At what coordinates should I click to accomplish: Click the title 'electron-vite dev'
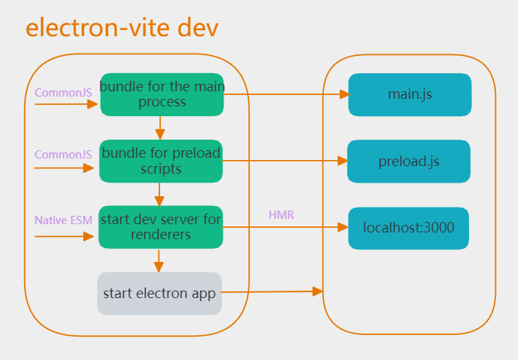click(122, 28)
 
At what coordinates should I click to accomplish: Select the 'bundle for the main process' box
click(162, 94)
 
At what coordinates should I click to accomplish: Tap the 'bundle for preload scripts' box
click(161, 161)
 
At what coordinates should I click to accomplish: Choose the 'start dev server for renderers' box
click(161, 227)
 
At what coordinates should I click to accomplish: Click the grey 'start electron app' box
click(159, 294)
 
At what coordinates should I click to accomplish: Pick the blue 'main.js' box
click(409, 95)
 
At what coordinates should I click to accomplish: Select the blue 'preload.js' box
click(409, 162)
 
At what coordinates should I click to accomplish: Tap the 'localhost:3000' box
click(409, 228)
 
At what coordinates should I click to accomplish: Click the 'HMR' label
click(281, 215)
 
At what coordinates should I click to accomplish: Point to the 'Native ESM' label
click(63, 221)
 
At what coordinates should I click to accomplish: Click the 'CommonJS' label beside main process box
click(63, 92)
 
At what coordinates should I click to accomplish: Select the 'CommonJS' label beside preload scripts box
click(63, 155)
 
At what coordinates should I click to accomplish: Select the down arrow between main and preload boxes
click(160, 127)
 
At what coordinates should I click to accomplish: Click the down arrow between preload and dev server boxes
click(159, 194)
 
